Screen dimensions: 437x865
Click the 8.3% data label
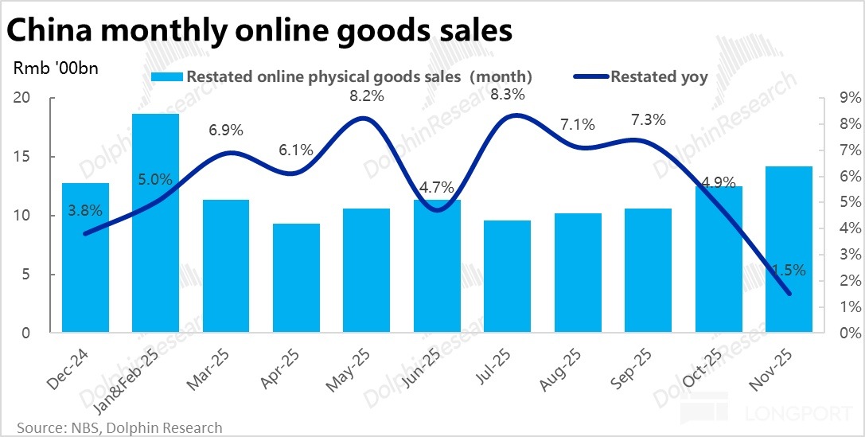tap(507, 94)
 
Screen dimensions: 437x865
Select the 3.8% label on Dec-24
tap(85, 211)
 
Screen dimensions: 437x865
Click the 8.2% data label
tap(367, 96)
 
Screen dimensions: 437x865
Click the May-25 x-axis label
tap(347, 371)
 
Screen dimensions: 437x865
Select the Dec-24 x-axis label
tap(65, 371)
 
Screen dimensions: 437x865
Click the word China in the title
tap(54, 32)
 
